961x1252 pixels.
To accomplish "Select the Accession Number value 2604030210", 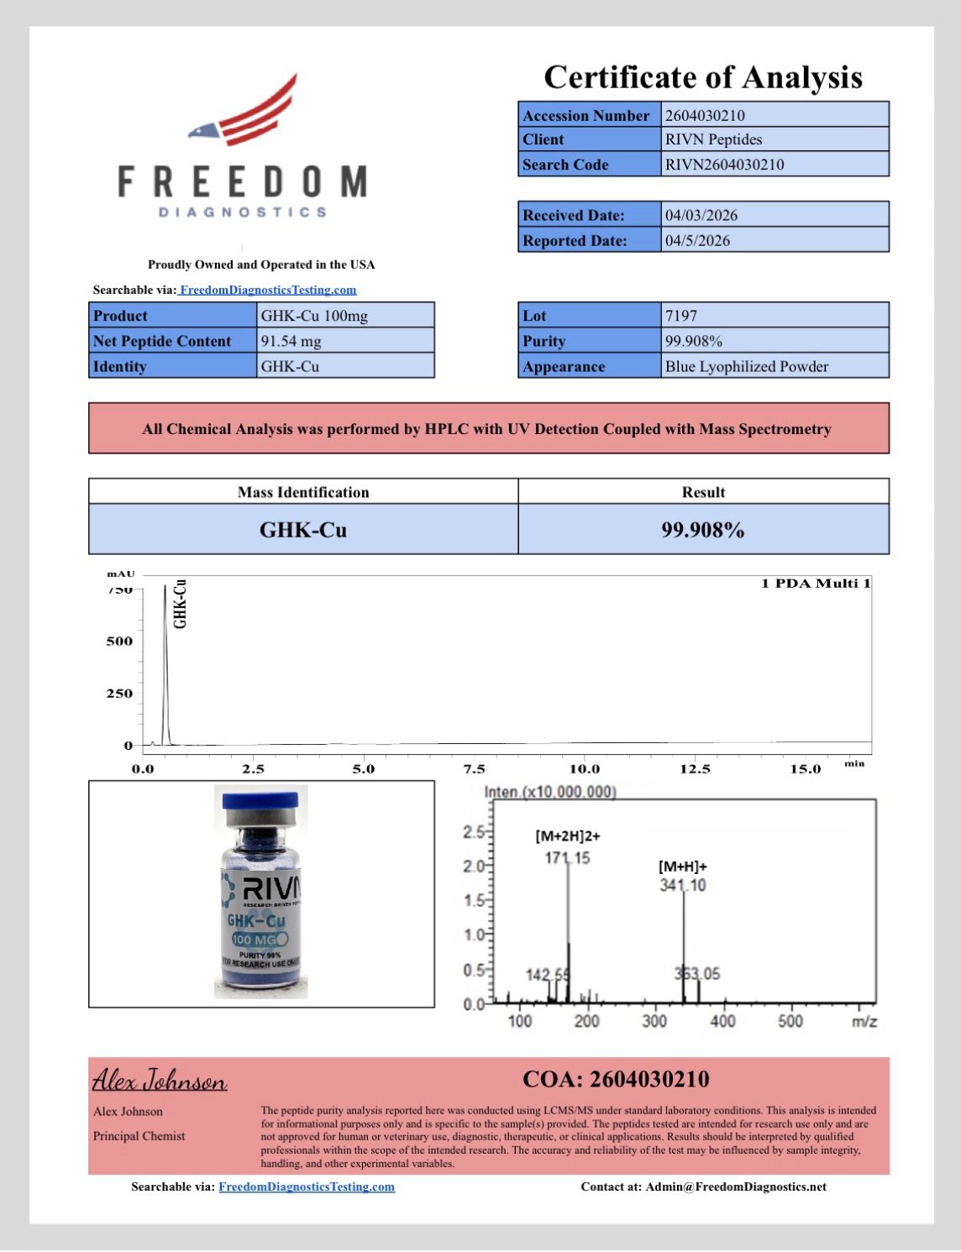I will [x=705, y=116].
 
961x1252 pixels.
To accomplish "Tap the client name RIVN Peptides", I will [x=713, y=139].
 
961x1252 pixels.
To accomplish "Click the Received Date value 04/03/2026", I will [x=701, y=215].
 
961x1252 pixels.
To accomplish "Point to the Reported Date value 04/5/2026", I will [x=697, y=240].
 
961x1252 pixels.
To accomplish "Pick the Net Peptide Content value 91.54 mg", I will [x=291, y=341].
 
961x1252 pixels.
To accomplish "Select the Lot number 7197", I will [x=680, y=316].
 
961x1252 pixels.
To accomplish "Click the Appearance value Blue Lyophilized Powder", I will [x=746, y=366].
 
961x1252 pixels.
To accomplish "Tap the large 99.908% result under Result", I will [x=702, y=530].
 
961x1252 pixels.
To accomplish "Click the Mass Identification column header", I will [x=303, y=492].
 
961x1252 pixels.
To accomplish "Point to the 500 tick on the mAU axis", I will [x=119, y=642].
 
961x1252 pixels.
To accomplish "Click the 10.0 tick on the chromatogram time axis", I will [x=585, y=768].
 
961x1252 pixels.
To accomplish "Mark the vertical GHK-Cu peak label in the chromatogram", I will [x=180, y=604].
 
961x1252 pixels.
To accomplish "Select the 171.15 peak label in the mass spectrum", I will [x=568, y=857].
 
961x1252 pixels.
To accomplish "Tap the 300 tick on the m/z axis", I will [x=654, y=1021].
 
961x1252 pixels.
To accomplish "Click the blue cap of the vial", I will [x=260, y=800].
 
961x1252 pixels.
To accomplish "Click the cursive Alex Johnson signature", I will [x=159, y=1080].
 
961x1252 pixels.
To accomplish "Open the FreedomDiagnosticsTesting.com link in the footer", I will [x=307, y=1187].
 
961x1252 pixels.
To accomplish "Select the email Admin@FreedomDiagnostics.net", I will [x=735, y=1187].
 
